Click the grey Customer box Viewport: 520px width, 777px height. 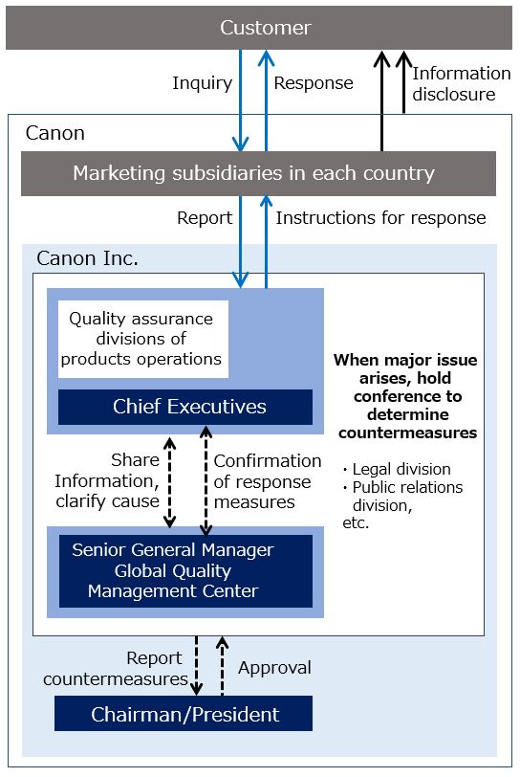(259, 28)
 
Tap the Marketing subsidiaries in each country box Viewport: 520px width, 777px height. (258, 173)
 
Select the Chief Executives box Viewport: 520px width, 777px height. (185, 407)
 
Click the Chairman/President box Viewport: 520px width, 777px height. (184, 714)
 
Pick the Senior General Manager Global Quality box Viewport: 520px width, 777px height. (185, 571)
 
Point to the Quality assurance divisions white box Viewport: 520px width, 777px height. (143, 339)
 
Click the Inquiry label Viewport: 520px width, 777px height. (202, 83)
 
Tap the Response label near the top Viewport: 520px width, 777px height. (314, 83)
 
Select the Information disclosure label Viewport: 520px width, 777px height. (461, 84)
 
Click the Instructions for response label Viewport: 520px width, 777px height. (380, 217)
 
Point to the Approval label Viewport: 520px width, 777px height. (274, 668)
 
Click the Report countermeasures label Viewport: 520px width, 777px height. (116, 669)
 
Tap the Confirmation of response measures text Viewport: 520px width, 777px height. (268, 481)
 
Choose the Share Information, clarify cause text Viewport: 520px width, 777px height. (107, 480)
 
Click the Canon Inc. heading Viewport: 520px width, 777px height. (87, 258)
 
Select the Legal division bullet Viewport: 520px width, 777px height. (397, 469)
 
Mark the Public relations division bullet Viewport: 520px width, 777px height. (402, 496)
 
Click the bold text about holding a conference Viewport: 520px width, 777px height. (406, 396)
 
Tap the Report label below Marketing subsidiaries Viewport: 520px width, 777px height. (205, 217)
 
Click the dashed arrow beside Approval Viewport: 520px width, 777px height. (223, 666)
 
